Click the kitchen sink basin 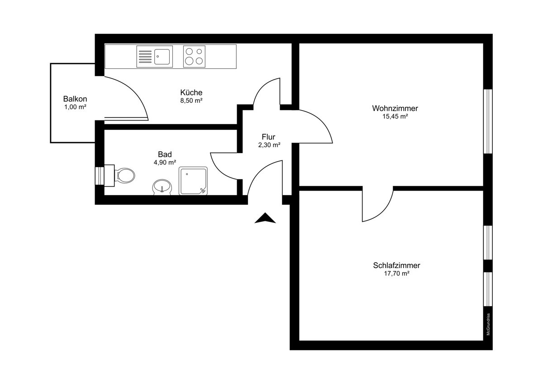[x=162, y=57]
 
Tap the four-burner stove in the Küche [x=194, y=57]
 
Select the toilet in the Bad [x=120, y=176]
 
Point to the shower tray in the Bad [x=193, y=181]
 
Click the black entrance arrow [x=265, y=218]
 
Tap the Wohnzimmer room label [x=395, y=108]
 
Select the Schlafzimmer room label [x=396, y=265]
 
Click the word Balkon [x=75, y=99]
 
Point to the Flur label [x=268, y=137]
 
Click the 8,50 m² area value [x=191, y=101]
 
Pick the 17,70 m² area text [x=396, y=274]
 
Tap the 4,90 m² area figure [x=165, y=162]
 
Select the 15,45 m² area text [x=395, y=116]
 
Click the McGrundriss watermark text [x=488, y=324]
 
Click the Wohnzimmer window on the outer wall [x=488, y=121]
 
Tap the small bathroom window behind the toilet [x=100, y=176]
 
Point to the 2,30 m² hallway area [x=269, y=145]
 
